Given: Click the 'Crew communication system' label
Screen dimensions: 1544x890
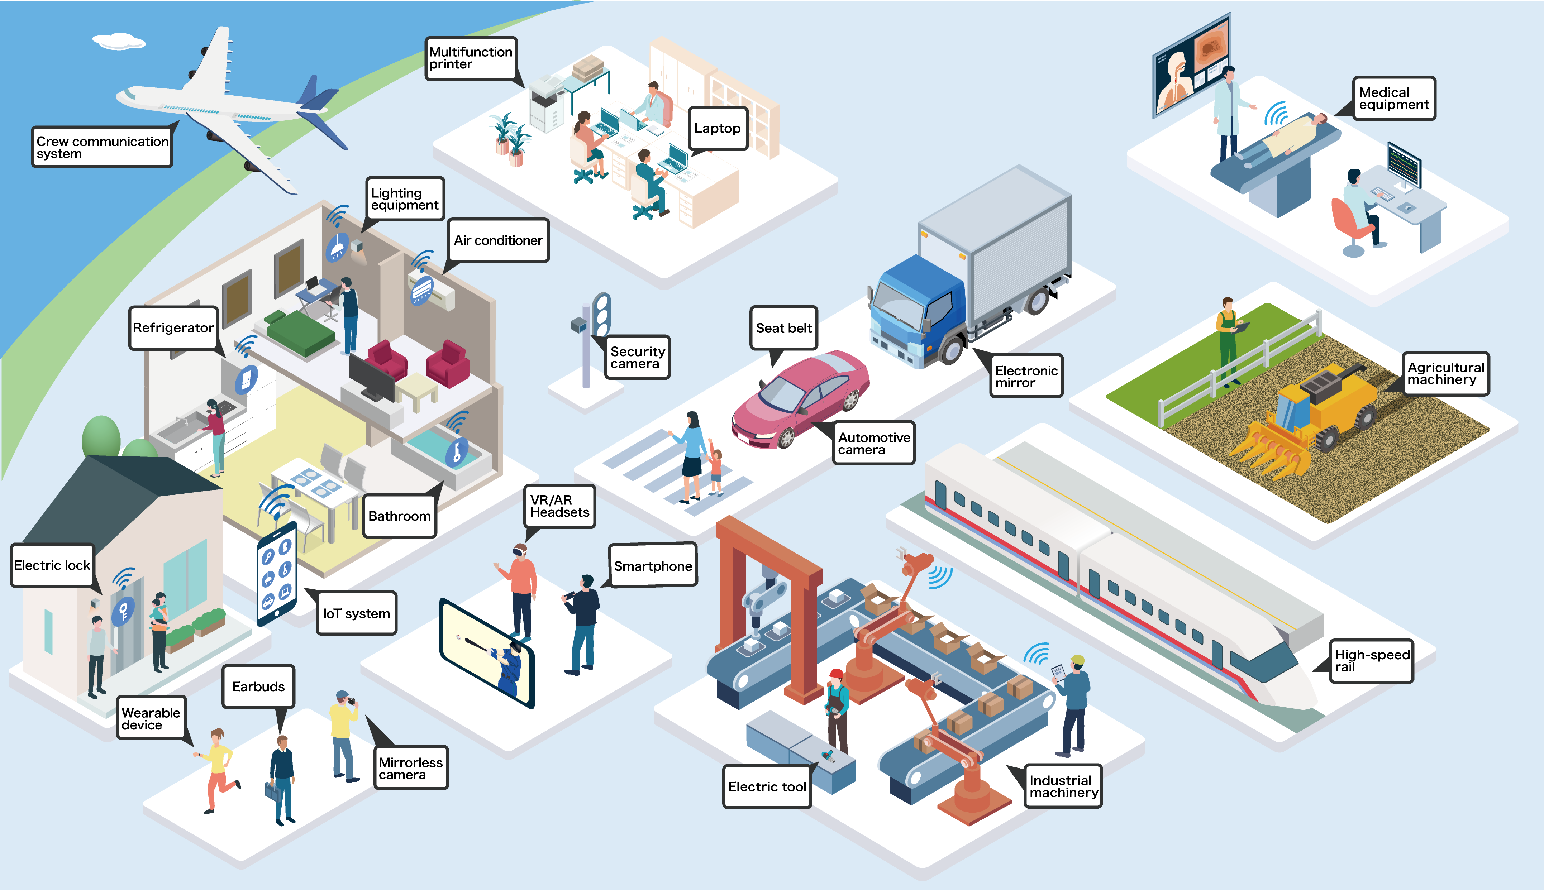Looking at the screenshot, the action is (102, 147).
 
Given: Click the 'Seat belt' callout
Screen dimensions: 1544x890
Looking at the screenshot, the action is (783, 328).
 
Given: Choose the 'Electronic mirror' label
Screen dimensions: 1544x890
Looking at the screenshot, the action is (1026, 376).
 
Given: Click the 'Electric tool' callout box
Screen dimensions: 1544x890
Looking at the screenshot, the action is (767, 787).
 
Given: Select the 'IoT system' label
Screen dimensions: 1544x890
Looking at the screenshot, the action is (356, 613).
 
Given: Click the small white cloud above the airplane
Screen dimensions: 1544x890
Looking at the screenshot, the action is (119, 41).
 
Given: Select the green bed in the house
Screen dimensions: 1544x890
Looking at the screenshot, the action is (300, 333).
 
